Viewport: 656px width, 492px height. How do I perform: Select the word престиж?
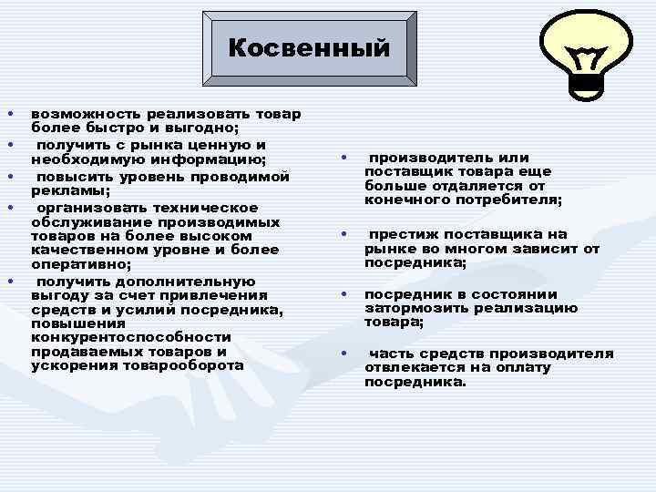[401, 234]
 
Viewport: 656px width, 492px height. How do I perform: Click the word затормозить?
[409, 308]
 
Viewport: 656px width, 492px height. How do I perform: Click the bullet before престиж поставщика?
[344, 234]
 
